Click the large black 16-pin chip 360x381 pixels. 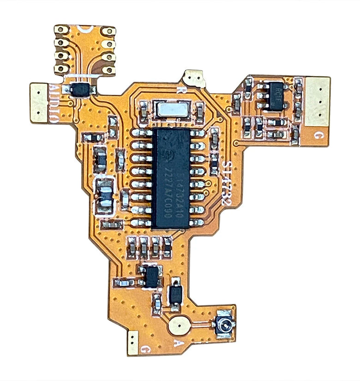pyautogui.click(x=171, y=178)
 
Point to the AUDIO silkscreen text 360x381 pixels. pyautogui.click(x=54, y=103)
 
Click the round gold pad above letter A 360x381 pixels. pyautogui.click(x=179, y=326)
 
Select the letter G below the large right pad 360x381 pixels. pyautogui.click(x=318, y=135)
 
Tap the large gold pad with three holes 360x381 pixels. pyautogui.click(x=318, y=101)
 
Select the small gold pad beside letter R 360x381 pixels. pyautogui.click(x=194, y=79)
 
